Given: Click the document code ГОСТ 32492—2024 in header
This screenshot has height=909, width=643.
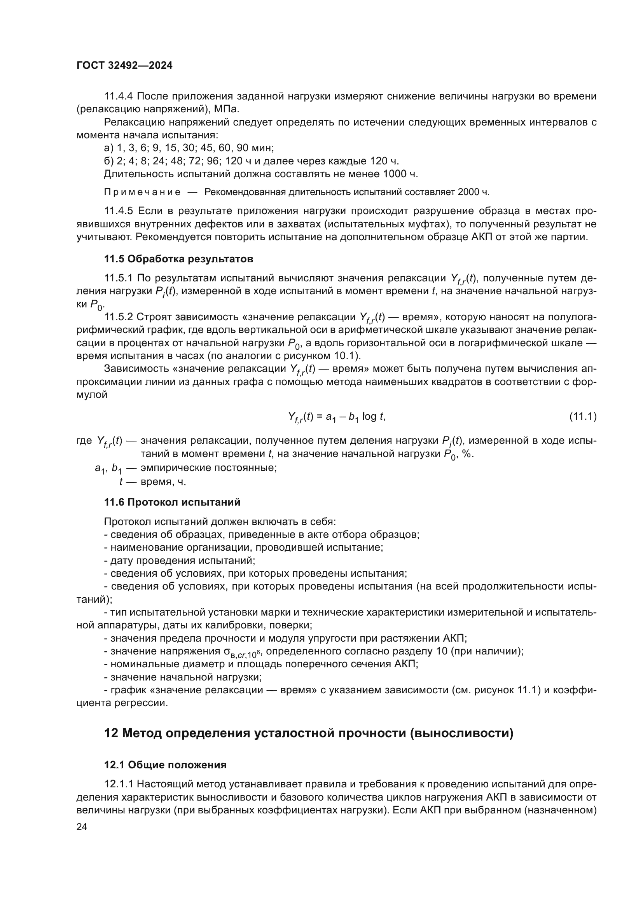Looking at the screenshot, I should point(124,66).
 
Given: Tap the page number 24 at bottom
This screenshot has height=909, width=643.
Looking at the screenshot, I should point(82,827).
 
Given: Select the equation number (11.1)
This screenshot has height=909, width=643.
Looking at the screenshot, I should point(583,416).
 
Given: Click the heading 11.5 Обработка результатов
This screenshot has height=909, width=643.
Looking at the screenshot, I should point(178,259).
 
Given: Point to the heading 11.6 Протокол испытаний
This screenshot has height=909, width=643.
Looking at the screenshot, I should point(172,502).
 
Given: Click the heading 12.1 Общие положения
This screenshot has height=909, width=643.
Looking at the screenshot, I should point(165,764).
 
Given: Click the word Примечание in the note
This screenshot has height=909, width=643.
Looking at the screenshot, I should point(142,192).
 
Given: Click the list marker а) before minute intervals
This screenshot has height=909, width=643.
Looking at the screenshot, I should point(108,148).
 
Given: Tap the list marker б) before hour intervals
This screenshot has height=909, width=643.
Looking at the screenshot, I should point(108,161).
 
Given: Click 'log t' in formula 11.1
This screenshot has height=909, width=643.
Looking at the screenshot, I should point(373,416).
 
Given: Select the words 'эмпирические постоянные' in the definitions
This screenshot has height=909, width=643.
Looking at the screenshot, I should point(209,468).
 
